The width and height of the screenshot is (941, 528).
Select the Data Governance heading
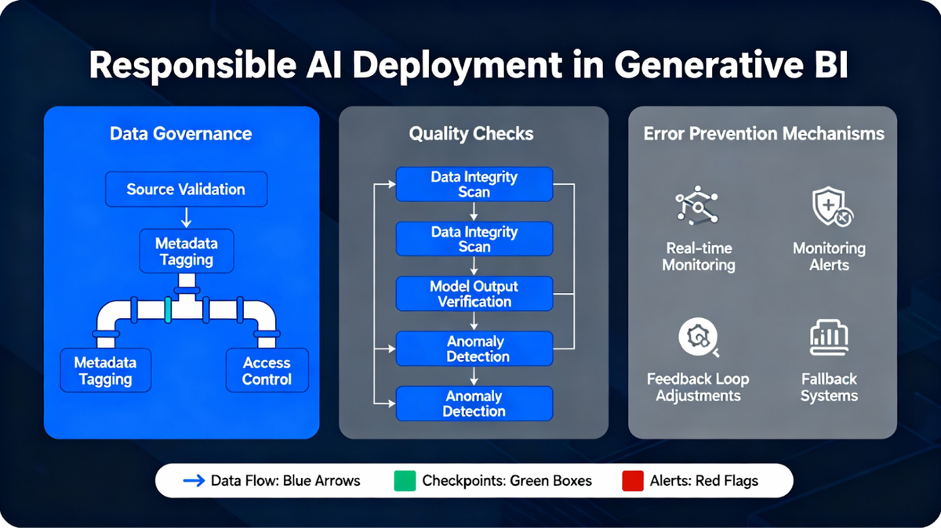(181, 134)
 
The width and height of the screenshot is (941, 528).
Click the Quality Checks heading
(471, 134)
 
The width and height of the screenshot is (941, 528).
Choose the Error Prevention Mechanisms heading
(764, 134)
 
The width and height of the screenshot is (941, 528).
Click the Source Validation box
(186, 190)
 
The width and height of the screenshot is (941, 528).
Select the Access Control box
(267, 371)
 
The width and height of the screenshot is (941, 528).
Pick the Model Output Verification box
(474, 294)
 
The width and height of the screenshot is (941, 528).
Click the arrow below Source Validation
(185, 217)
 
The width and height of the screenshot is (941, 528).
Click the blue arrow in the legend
(193, 481)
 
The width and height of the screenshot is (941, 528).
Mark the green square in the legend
(404, 481)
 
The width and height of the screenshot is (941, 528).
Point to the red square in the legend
(632, 481)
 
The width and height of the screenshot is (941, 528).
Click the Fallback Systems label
(829, 387)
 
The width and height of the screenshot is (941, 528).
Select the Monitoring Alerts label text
(829, 256)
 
